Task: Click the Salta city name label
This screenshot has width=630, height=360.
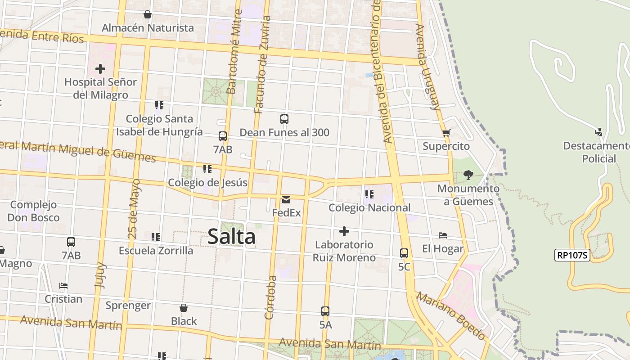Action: pos(231,237)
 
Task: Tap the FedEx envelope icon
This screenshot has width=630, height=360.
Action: pos(286,200)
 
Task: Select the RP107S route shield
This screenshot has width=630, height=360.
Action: pos(572,255)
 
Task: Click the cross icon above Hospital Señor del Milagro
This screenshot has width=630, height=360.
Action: pos(100,69)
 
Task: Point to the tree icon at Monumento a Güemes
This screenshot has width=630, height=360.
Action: pos(468,175)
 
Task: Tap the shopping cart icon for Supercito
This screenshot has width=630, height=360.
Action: pos(446,133)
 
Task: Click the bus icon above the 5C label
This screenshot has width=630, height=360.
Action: pos(404,253)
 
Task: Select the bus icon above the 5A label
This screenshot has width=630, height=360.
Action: pos(325,311)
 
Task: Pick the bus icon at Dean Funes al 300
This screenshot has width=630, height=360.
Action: pos(284,119)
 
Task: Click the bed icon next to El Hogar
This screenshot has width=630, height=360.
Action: pos(443,235)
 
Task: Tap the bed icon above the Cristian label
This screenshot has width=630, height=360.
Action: pos(63,286)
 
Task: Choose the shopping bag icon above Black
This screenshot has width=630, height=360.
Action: pos(184,308)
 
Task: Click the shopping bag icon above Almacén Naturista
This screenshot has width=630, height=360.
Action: pos(147,15)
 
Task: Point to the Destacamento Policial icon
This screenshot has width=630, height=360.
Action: pos(598,132)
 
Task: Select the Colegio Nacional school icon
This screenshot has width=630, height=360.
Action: pos(369,194)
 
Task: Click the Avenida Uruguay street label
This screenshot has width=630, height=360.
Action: pos(427,67)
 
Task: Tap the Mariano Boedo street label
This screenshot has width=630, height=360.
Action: pos(450,315)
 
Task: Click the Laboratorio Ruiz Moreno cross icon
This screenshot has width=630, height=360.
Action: pos(344,231)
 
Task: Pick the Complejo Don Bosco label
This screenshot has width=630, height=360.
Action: pos(33,211)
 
